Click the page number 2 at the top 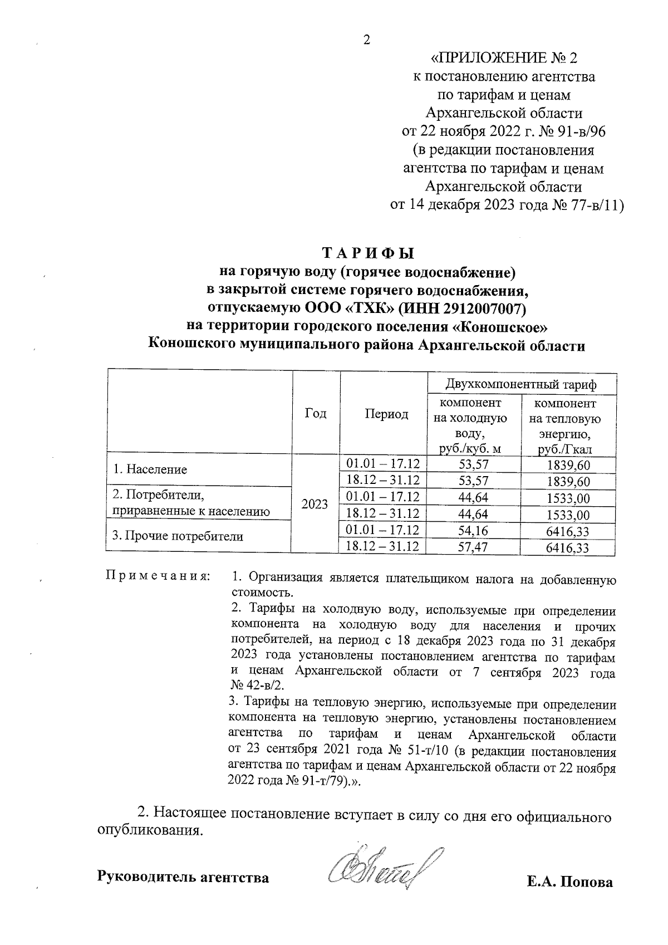pos(366,40)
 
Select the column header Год pos(316,414)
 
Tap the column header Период pos(386,414)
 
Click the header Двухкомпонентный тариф pos(521,384)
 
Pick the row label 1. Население pos(150,469)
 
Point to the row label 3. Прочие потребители pos(178,536)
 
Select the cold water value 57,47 pos(472,548)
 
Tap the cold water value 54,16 pos(472,531)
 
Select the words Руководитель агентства pos(183,878)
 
